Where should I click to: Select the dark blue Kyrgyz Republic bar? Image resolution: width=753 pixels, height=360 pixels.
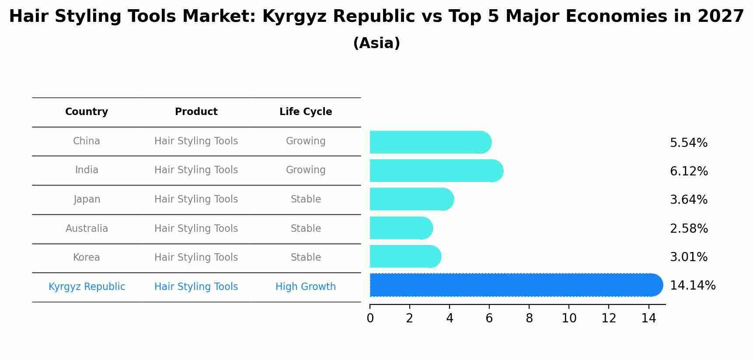point(516,285)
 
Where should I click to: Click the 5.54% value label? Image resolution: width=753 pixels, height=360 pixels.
point(688,143)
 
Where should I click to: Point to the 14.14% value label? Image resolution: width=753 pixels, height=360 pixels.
point(692,286)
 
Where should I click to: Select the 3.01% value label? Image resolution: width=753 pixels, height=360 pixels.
point(688,257)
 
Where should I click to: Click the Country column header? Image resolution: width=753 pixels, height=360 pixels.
point(87,112)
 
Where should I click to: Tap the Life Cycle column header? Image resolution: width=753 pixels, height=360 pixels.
point(306,112)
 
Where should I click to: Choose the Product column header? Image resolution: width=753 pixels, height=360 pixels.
point(196,112)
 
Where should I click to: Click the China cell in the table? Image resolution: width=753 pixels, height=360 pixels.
point(87,141)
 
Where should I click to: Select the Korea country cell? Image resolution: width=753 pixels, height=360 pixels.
point(87,258)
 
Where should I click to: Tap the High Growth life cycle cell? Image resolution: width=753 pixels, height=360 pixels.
point(306,287)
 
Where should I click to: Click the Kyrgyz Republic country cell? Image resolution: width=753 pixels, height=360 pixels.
point(87,287)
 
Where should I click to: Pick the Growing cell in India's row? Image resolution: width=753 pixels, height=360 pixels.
point(306,170)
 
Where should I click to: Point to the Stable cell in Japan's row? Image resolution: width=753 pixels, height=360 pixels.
point(306,199)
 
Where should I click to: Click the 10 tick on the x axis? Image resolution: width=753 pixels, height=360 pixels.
point(569,318)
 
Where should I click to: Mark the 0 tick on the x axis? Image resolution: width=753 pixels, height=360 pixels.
point(370,318)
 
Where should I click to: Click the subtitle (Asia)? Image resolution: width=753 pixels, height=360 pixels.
point(376,43)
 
